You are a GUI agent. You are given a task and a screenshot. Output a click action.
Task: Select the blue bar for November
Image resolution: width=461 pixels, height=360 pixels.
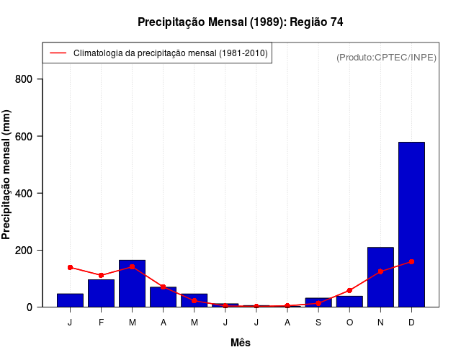tap(380, 277)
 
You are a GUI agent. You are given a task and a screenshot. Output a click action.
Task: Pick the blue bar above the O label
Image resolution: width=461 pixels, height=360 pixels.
tap(349, 302)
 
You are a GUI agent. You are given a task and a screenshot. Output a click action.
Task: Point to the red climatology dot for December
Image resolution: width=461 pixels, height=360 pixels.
tap(411, 261)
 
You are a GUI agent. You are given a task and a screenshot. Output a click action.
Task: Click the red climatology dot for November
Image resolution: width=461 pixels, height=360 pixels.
tap(380, 271)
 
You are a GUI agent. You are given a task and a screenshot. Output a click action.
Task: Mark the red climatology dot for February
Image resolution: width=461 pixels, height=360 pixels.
tap(101, 275)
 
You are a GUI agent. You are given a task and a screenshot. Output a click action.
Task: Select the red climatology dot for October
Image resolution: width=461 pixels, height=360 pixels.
tap(349, 291)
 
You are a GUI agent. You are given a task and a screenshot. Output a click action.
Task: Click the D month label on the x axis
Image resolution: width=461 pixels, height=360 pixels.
tap(411, 322)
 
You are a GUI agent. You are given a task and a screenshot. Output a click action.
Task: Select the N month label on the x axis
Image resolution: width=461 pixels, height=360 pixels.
tap(380, 322)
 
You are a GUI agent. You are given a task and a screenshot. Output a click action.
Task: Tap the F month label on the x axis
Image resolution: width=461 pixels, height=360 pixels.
tap(101, 322)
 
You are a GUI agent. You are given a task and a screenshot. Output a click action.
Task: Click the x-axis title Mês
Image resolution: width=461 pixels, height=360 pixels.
tap(241, 343)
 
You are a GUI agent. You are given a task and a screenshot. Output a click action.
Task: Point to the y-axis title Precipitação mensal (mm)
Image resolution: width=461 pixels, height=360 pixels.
tap(7, 179)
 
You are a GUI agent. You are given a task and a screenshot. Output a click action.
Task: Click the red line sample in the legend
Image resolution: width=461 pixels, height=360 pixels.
tap(58, 53)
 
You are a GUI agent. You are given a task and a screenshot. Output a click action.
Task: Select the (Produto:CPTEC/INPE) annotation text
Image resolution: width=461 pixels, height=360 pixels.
tap(386, 57)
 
